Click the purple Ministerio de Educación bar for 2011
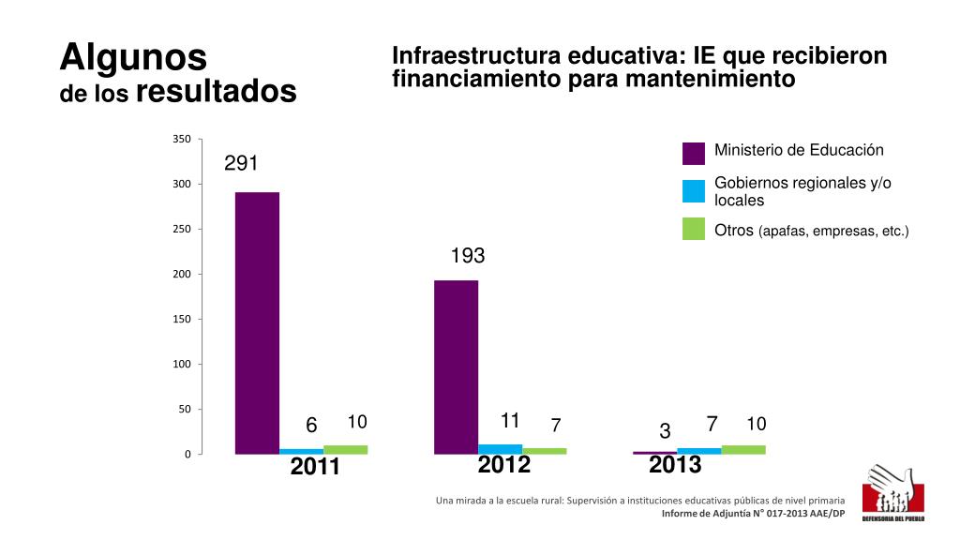coord(257,322)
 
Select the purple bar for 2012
coord(456,367)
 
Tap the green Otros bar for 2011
coord(345,450)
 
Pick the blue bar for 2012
coord(501,449)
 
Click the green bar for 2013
coord(743,450)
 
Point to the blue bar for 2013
coord(699,451)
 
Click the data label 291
coord(241,164)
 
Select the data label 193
coord(468,256)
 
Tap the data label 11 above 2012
coord(511,419)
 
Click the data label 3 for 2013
coord(665,432)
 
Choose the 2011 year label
coord(315,467)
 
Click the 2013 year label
coord(676,465)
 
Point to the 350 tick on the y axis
coord(182,140)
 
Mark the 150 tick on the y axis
coord(182,320)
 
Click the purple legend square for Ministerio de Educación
coord(694,153)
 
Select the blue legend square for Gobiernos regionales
coord(694,191)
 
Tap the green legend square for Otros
coord(694,229)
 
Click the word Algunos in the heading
coord(133,58)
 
